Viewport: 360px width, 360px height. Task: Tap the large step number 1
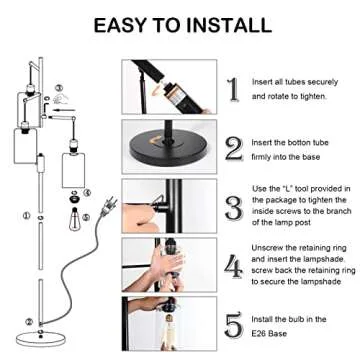point(234,88)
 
